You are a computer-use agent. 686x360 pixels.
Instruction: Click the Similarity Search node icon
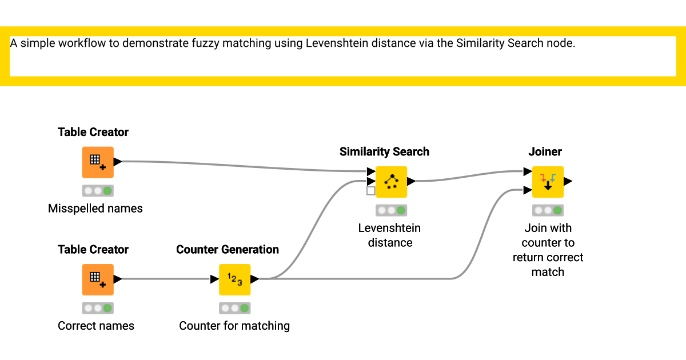pyautogui.click(x=391, y=182)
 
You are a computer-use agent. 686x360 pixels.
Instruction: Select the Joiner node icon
pyautogui.click(x=548, y=182)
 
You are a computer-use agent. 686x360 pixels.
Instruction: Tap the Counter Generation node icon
pyautogui.click(x=234, y=279)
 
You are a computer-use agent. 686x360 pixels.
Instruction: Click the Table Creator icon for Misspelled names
pyautogui.click(x=97, y=162)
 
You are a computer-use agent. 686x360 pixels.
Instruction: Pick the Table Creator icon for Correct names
pyautogui.click(x=97, y=279)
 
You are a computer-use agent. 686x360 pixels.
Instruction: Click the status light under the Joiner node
pyautogui.click(x=548, y=210)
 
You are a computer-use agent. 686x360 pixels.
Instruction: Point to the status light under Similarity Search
pyautogui.click(x=391, y=210)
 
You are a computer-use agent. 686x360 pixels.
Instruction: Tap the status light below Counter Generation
pyautogui.click(x=234, y=308)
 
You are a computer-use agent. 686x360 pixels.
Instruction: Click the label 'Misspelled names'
pyautogui.click(x=95, y=209)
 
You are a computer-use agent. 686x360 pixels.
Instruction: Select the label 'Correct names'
pyautogui.click(x=96, y=326)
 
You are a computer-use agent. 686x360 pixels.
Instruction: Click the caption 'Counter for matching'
pyautogui.click(x=234, y=326)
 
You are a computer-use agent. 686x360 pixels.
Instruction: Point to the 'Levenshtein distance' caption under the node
pyautogui.click(x=389, y=235)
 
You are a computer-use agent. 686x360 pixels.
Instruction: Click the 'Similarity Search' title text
pyautogui.click(x=384, y=151)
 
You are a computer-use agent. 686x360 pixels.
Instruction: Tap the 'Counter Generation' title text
pyautogui.click(x=228, y=249)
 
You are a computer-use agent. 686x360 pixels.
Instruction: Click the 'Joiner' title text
pyautogui.click(x=545, y=151)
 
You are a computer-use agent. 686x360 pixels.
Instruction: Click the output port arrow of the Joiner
pyautogui.click(x=568, y=182)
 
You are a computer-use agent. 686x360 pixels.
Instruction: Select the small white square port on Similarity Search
pyautogui.click(x=371, y=191)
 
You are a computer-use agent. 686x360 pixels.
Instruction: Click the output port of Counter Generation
pyautogui.click(x=255, y=279)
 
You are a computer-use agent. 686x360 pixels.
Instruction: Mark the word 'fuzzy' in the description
pyautogui.click(x=198, y=43)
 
